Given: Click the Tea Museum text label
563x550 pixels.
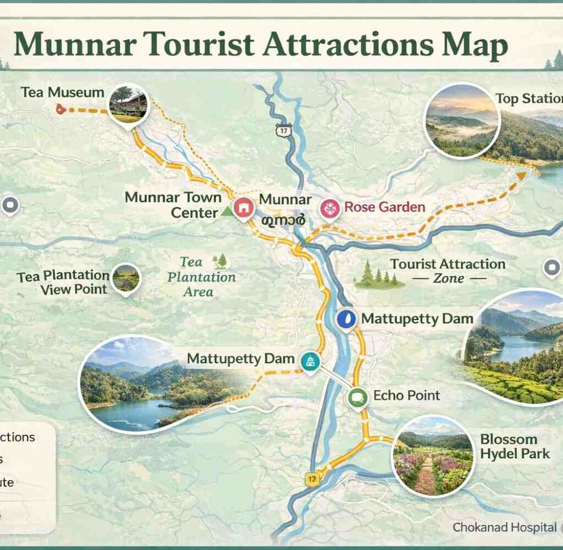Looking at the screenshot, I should [62, 92].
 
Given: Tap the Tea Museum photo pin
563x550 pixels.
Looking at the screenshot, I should [129, 105].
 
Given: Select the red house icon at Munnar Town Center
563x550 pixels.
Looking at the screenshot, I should [242, 207].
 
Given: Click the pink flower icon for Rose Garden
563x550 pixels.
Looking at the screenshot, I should [330, 208].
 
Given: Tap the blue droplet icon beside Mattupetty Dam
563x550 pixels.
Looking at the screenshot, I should [346, 319].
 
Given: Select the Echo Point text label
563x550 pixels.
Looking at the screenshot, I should [406, 395].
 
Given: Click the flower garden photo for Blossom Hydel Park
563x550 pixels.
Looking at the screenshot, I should [433, 455].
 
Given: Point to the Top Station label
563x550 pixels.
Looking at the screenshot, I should [528, 98].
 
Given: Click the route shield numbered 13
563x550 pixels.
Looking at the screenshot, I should [283, 130].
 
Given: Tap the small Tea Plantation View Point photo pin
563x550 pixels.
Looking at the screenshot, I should [126, 279].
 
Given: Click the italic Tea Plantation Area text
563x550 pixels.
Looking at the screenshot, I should [201, 277].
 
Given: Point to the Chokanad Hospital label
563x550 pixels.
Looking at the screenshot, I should [504, 527].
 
